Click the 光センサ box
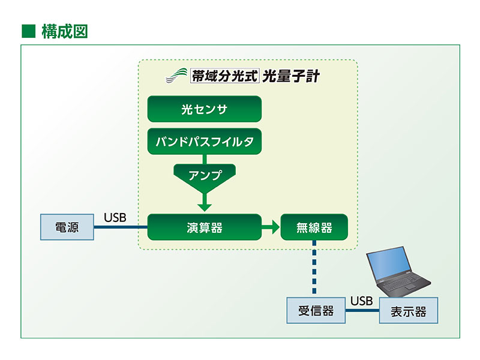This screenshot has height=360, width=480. (204, 110)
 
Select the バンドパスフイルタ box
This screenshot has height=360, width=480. (204, 142)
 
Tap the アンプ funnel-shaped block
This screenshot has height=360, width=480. (205, 176)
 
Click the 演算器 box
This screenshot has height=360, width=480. (204, 227)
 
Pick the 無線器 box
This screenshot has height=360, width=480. (314, 227)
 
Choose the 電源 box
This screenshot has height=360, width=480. (67, 227)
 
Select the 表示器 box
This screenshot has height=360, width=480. (408, 311)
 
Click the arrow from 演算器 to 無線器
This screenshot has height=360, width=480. (271, 227)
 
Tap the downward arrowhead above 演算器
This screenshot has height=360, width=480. (205, 206)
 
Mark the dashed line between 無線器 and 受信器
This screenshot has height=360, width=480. (314, 268)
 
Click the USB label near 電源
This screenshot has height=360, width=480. (115, 217)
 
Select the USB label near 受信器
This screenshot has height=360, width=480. (362, 301)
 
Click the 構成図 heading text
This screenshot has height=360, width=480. (64, 31)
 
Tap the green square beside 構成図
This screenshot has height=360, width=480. (28, 31)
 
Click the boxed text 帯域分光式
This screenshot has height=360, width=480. (224, 76)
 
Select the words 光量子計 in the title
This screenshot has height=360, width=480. (291, 76)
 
